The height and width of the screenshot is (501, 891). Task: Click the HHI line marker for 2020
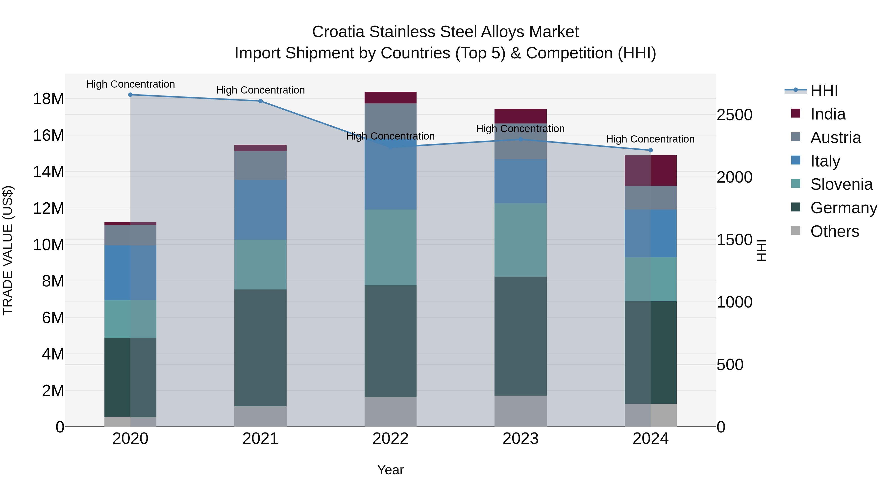(x=130, y=95)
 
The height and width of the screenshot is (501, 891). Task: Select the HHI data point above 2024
(x=650, y=150)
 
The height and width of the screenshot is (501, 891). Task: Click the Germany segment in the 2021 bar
(x=260, y=348)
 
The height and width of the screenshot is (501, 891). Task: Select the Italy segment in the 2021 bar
(x=260, y=210)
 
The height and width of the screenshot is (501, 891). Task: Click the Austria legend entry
(x=835, y=138)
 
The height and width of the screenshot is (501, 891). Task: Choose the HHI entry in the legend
(x=824, y=91)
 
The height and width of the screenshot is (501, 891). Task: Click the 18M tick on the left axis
(x=49, y=99)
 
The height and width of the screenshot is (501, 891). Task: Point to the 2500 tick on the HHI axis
(x=734, y=115)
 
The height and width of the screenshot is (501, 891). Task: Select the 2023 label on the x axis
(x=520, y=439)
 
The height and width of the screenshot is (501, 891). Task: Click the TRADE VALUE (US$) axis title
(x=8, y=250)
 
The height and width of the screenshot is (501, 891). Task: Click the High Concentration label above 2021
(x=260, y=90)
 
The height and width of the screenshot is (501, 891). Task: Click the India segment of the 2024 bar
(x=650, y=170)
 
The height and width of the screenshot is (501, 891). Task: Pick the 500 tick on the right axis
(x=730, y=365)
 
